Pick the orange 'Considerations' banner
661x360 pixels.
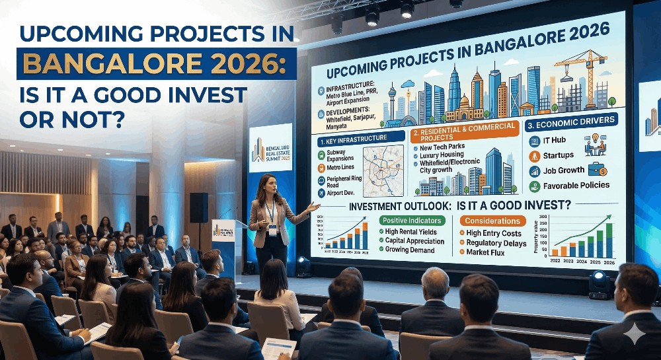tap(491, 221)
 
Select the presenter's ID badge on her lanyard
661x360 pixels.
tap(272, 230)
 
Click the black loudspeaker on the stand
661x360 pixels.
tap(198, 207)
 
